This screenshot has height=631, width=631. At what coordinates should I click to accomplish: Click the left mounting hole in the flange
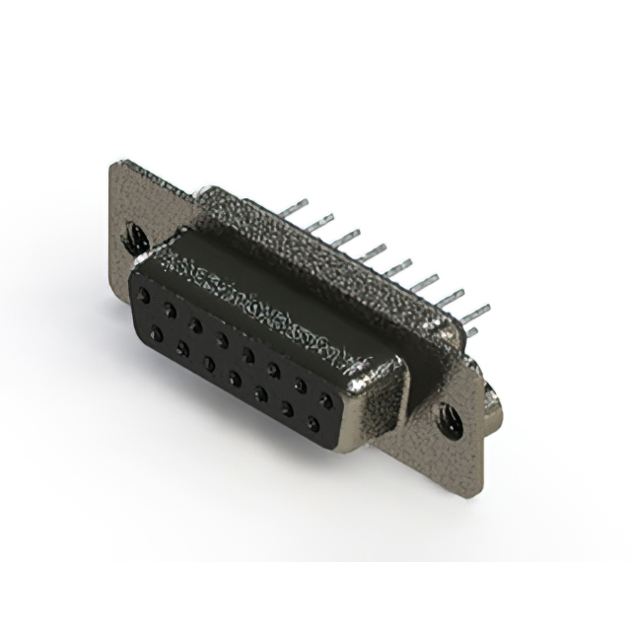coord(135,237)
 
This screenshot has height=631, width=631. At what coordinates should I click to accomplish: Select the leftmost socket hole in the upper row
coord(145,295)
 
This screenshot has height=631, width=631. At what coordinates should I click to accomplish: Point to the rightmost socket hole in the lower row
coord(314,425)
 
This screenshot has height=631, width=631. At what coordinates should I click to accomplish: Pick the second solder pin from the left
coord(320,223)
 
